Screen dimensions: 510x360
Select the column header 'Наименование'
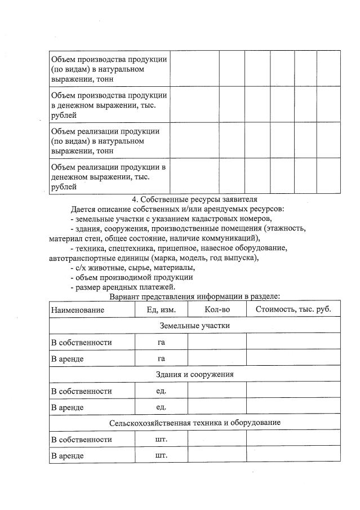78,310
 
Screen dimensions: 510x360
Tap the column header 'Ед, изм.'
161,310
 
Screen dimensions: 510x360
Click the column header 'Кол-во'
217,310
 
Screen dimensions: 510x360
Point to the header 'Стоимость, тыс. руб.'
293,310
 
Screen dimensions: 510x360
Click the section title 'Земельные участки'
194,326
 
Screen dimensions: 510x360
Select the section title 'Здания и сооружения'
194,374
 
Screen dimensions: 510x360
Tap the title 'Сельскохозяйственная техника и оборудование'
194,423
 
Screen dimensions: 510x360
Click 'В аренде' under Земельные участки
68,358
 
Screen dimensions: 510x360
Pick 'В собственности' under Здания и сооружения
81,391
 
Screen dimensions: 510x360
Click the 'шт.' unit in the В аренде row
161,455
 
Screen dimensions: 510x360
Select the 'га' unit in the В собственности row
161,342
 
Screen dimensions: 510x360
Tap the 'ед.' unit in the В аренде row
161,407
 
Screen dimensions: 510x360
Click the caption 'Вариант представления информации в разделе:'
194,296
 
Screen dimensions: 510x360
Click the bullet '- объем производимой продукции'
131,277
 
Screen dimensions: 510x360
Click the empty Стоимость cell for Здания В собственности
293,391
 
